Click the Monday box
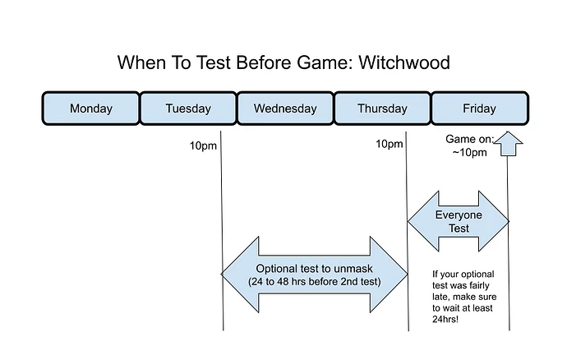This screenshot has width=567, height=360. tap(90, 108)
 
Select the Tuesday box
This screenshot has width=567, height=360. tap(188, 108)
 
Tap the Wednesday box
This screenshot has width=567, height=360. tap(285, 108)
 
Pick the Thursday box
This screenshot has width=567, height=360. tap(383, 108)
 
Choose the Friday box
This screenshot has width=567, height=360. tap(480, 108)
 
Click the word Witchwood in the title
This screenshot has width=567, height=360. tap(404, 62)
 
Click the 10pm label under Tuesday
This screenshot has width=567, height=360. tap(203, 145)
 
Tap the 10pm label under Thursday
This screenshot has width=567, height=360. tap(389, 144)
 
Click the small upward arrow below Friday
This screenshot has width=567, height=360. tap(508, 144)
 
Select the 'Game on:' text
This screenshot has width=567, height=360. tap(469, 139)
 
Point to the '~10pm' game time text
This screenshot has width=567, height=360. tap(469, 152)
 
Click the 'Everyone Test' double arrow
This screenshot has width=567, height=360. tap(459, 221)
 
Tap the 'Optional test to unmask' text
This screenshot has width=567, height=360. tap(314, 269)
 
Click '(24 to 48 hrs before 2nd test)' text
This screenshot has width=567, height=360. tap(314, 281)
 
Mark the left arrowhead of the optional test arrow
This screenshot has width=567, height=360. tap(240, 275)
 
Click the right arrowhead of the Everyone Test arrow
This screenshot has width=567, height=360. tap(495, 221)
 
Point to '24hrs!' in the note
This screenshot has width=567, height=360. tap(445, 319)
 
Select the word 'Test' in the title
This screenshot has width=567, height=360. tap(214, 62)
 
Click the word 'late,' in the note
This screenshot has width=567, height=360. tap(440, 297)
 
